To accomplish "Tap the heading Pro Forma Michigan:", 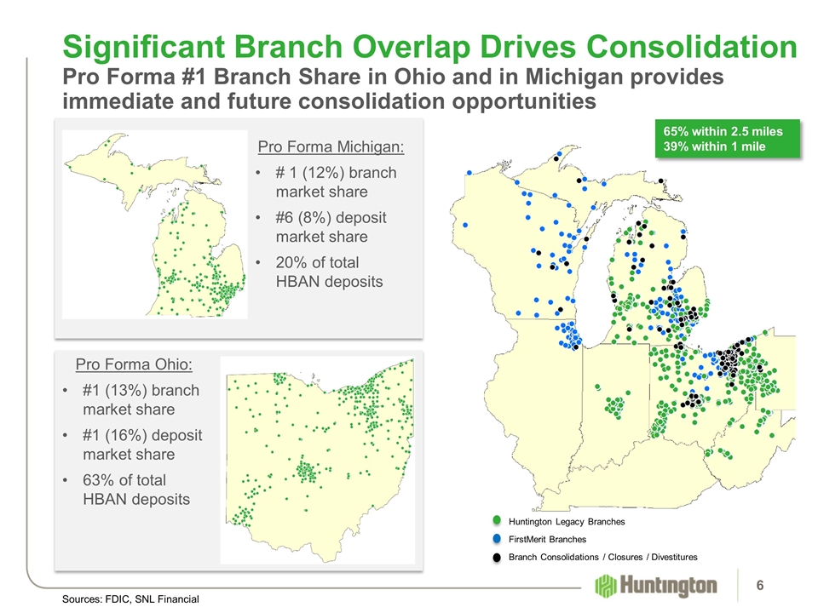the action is (331, 146).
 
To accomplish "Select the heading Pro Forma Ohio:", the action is (134, 364).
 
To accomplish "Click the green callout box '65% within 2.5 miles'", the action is (727, 138).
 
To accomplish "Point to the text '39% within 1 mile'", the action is (714, 146).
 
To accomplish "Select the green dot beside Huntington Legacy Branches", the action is (497, 520).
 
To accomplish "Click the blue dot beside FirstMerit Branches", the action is (497, 538).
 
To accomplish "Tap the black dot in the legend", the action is (497, 557).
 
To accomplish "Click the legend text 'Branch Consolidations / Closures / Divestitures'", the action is (603, 557).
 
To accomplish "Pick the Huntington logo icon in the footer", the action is (605, 586).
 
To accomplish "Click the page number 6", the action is (759, 586).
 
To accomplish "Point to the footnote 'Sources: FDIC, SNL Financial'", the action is (130, 599).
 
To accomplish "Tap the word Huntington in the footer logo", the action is (668, 586).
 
